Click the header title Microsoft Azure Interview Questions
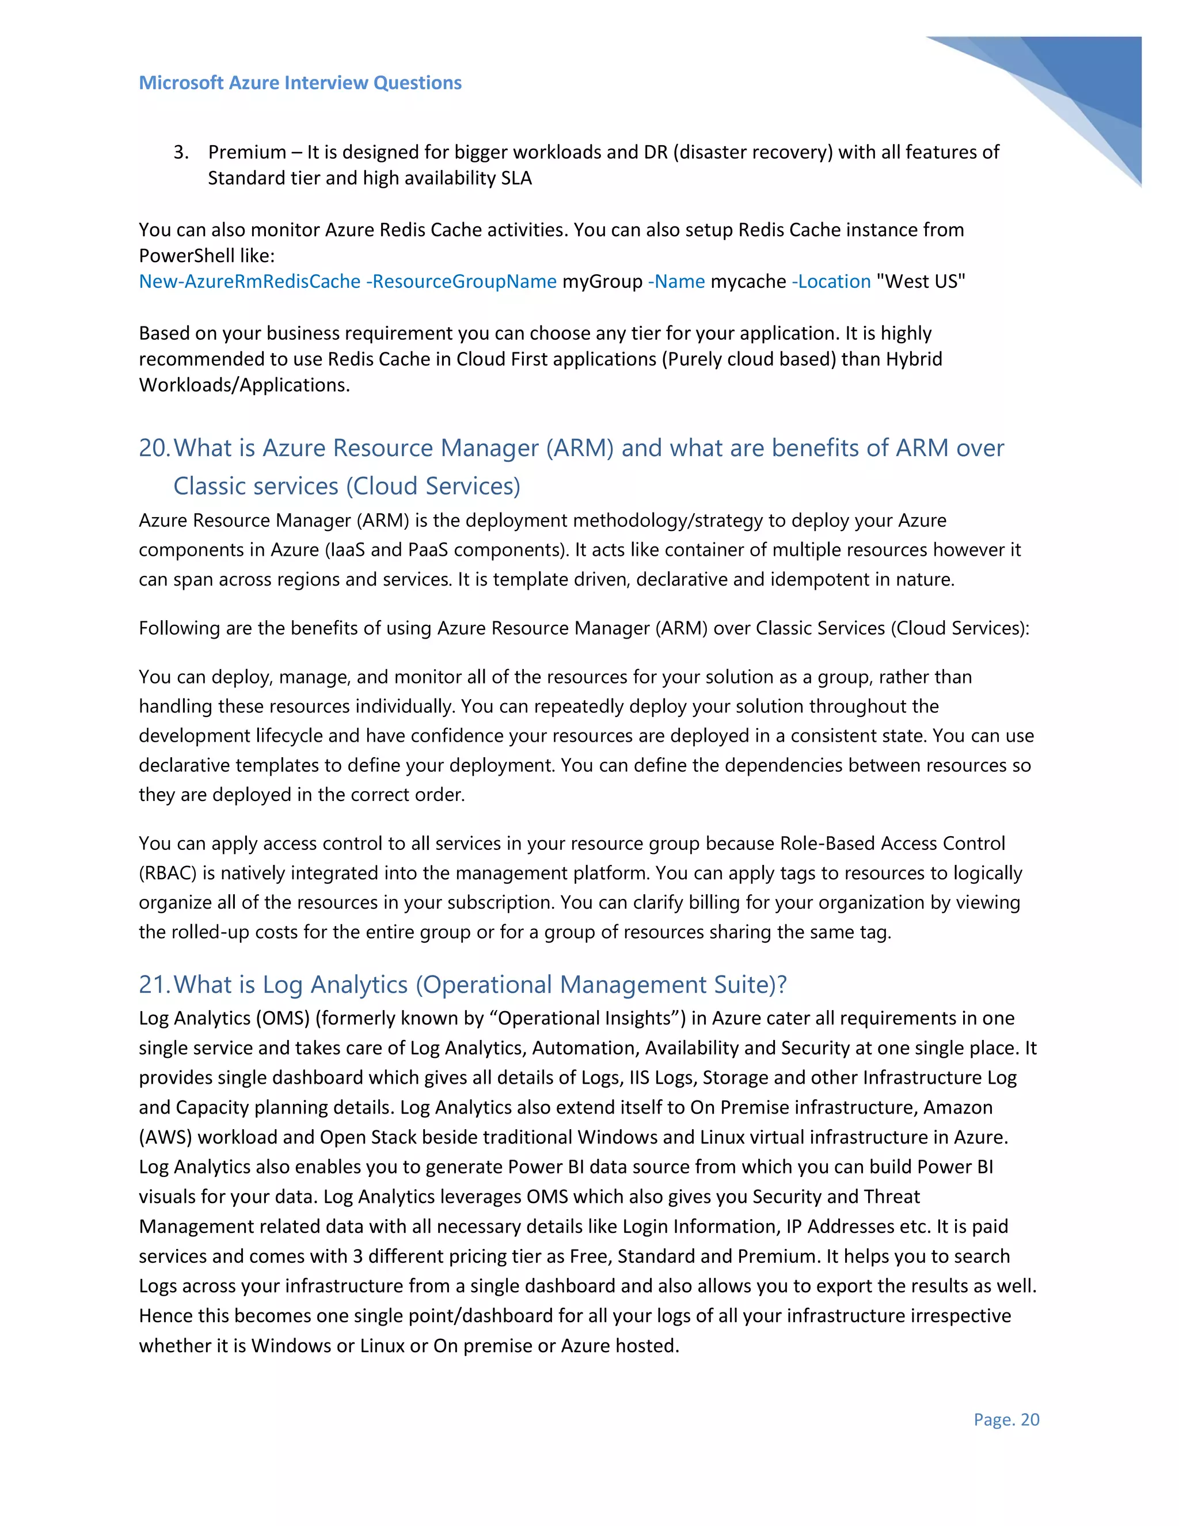click(301, 82)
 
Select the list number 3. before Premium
click(181, 153)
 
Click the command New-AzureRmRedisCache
click(249, 282)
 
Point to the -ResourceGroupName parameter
click(461, 282)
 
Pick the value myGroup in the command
click(602, 282)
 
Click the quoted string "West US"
click(921, 282)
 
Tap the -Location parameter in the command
click(831, 282)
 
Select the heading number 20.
click(154, 448)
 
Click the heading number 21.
click(154, 985)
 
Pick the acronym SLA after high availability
click(516, 178)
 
